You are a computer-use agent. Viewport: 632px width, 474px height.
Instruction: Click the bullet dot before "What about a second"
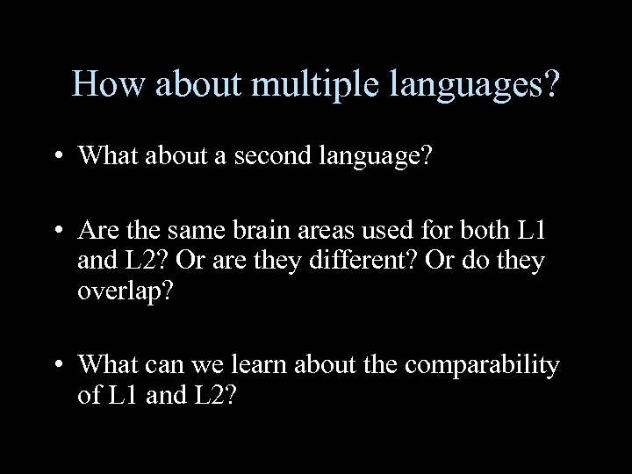click(59, 155)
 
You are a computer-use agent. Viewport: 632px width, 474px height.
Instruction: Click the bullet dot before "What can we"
click(59, 364)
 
